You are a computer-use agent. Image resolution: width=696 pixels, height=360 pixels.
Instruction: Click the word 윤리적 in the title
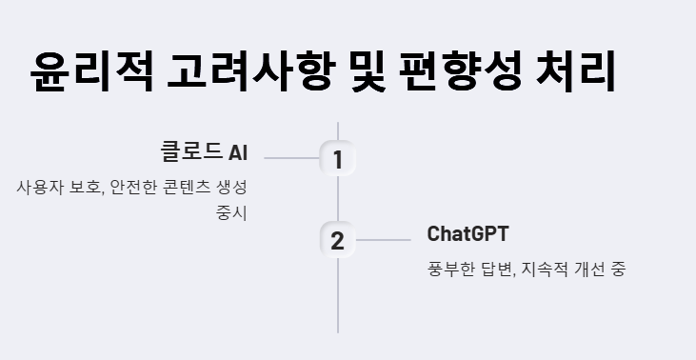(89, 71)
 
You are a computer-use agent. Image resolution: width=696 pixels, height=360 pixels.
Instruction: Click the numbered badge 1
(337, 159)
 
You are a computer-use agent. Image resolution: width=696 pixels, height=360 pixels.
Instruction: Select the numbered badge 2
(337, 240)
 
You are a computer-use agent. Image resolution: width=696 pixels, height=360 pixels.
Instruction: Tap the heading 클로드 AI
(204, 152)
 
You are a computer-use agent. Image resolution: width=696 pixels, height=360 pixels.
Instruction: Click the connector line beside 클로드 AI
(291, 158)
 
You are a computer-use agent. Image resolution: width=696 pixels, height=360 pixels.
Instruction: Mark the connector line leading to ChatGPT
(383, 240)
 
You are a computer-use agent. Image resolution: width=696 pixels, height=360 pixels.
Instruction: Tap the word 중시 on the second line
(231, 211)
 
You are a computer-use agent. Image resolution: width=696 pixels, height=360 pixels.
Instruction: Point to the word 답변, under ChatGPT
(498, 269)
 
